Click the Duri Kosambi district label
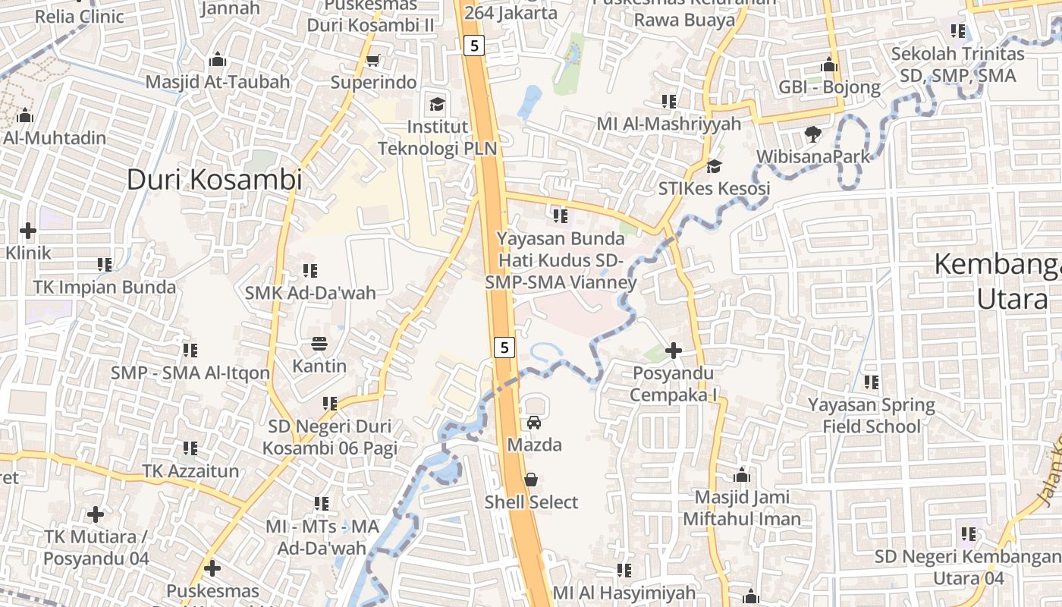(x=214, y=180)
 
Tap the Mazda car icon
(x=534, y=422)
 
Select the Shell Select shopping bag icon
(x=531, y=480)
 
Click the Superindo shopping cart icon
(x=372, y=60)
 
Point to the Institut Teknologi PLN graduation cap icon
(x=437, y=103)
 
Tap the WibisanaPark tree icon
(x=813, y=134)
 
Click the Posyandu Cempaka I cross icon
(x=673, y=351)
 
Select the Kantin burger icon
(x=319, y=344)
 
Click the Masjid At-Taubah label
(x=218, y=82)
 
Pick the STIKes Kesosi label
(x=714, y=188)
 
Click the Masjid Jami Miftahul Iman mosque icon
(x=742, y=476)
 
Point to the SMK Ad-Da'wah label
(x=310, y=292)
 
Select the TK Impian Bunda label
(x=105, y=288)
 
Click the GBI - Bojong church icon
(x=829, y=65)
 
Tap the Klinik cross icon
(x=28, y=230)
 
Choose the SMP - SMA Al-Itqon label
(x=190, y=373)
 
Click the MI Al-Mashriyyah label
(x=658, y=124)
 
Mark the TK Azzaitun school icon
(x=190, y=448)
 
